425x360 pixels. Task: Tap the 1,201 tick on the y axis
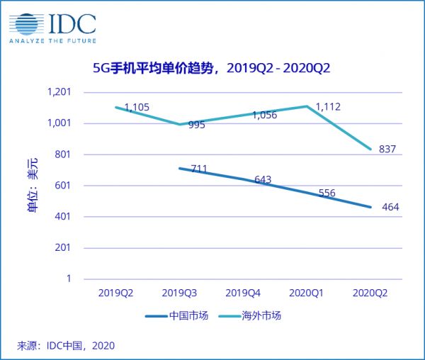coord(59,92)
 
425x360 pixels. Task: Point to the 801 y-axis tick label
coord(62,154)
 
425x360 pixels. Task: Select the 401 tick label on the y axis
coord(62,217)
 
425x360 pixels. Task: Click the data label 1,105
coord(137,108)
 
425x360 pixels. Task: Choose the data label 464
coord(390,207)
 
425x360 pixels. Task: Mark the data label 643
coord(263,180)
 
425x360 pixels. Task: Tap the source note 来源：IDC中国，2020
coord(65,346)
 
